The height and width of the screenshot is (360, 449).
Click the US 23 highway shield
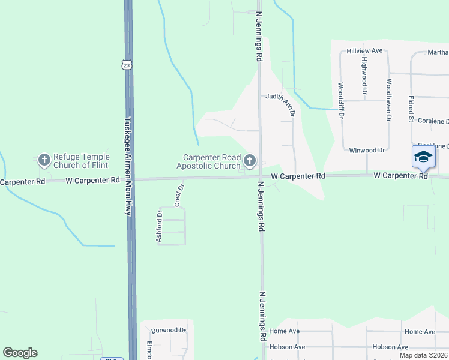pyautogui.click(x=125, y=64)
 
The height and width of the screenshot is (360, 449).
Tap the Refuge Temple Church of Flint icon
pyautogui.click(x=44, y=160)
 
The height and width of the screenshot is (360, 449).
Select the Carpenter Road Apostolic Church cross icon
pyautogui.click(x=250, y=161)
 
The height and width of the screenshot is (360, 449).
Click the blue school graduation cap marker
pyautogui.click(x=423, y=157)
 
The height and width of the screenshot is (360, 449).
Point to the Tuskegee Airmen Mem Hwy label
pyautogui.click(x=127, y=166)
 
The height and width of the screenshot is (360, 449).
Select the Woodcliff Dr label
pyautogui.click(x=340, y=100)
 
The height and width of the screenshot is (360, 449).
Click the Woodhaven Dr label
pyautogui.click(x=388, y=101)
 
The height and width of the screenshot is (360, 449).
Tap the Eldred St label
pyautogui.click(x=412, y=108)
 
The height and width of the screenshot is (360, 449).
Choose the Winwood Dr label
pyautogui.click(x=367, y=150)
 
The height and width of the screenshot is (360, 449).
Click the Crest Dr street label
pyautogui.click(x=178, y=196)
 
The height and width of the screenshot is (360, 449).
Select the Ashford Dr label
pyautogui.click(x=160, y=226)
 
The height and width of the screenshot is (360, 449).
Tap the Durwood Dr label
pyautogui.click(x=169, y=330)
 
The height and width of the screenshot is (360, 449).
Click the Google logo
pyautogui.click(x=20, y=353)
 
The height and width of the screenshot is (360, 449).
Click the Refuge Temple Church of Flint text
pyautogui.click(x=82, y=161)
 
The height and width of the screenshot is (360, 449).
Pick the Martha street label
pyautogui.click(x=438, y=52)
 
